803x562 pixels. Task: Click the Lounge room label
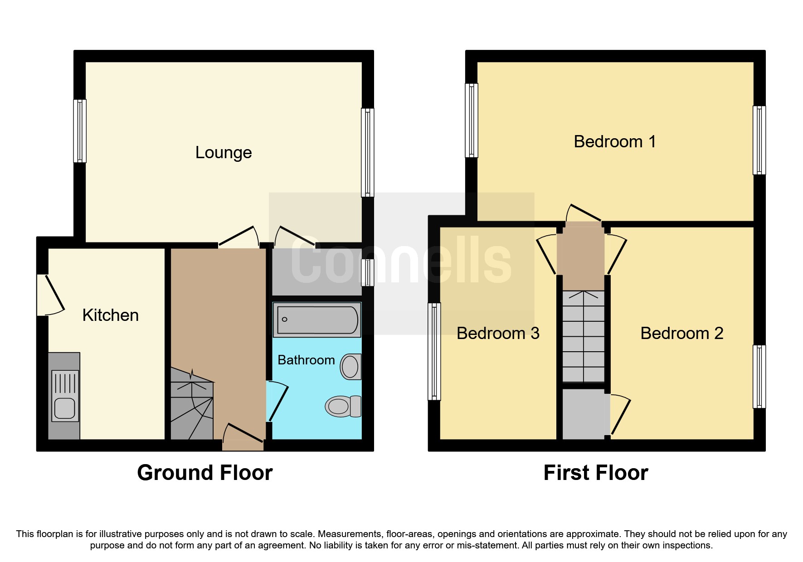223,153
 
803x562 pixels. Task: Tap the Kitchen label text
110,315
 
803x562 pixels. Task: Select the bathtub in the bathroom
317,320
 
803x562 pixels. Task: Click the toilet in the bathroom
343,406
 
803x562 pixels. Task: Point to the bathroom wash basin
350,366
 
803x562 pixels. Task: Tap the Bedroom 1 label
614,142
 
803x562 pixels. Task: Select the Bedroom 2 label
681,334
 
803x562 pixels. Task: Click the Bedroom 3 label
497,334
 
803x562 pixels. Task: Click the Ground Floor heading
204,473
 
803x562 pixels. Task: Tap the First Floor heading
595,473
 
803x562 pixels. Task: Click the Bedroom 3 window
434,352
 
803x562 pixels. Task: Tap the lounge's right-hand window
368,152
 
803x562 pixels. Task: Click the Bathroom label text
306,360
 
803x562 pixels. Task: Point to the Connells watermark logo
401,263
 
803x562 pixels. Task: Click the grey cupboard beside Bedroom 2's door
583,414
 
